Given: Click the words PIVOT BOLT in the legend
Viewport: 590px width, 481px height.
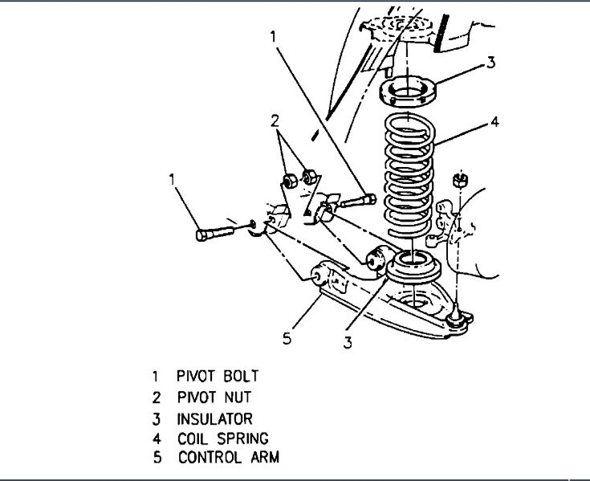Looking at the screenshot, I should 218,376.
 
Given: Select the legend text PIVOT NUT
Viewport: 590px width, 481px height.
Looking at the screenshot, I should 214,397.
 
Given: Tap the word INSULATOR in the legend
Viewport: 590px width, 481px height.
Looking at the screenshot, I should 215,418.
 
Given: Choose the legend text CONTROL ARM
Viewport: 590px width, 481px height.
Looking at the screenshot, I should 229,459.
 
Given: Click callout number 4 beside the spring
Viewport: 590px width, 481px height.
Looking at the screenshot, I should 495,123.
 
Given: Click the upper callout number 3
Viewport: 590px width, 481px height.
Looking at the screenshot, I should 491,61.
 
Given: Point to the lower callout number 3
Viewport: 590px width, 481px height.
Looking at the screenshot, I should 347,343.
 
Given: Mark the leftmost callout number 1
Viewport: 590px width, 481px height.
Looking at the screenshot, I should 171,179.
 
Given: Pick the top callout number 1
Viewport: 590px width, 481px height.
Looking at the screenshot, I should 275,36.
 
